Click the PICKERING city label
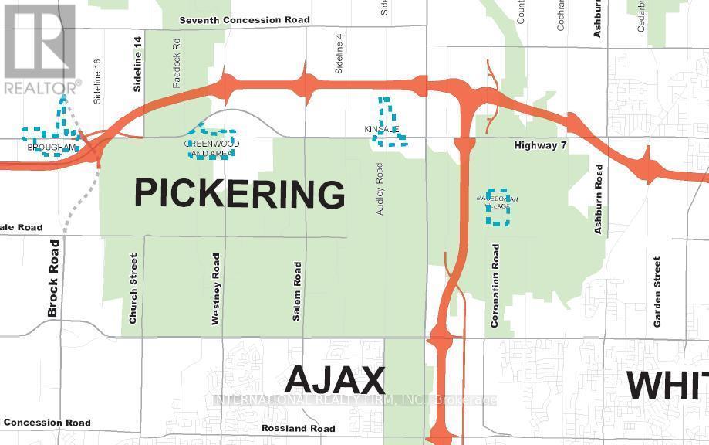tap(240, 192)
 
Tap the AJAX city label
tap(335, 381)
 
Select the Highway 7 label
tap(541, 145)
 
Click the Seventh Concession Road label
tap(244, 20)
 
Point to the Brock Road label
tap(53, 278)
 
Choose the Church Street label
tap(133, 289)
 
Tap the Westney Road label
tap(217, 288)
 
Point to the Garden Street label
tap(657, 292)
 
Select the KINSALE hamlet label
tap(381, 129)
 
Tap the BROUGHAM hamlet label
tap(51, 147)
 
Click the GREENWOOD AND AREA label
tap(211, 149)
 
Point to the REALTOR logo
tap(40, 48)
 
